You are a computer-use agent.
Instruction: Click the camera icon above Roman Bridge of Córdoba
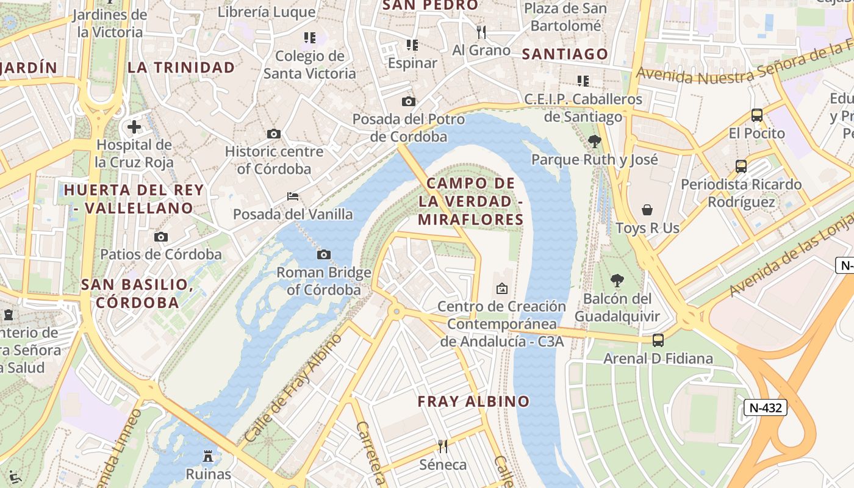point(324,254)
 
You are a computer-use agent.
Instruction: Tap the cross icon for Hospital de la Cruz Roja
point(134,127)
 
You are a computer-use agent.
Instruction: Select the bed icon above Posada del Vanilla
point(293,196)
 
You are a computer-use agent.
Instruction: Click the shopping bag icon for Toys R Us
point(647,210)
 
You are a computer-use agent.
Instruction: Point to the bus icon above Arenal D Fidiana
point(658,340)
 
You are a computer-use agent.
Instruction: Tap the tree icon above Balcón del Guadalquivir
point(617,281)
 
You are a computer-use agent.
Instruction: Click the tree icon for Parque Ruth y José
point(594,142)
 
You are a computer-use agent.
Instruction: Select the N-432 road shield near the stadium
point(765,407)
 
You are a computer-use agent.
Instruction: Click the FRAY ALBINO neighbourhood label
point(473,401)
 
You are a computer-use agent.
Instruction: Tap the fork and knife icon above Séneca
point(443,447)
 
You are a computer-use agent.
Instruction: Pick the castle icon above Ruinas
point(208,456)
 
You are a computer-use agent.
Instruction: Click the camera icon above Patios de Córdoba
point(161,237)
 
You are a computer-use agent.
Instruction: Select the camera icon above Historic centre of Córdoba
point(274,134)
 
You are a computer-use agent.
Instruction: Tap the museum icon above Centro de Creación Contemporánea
point(501,289)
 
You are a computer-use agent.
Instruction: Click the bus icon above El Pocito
point(756,115)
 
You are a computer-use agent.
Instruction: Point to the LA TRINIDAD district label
point(181,68)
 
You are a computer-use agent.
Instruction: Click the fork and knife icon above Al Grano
point(481,32)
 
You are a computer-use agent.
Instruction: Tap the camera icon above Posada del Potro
point(409,101)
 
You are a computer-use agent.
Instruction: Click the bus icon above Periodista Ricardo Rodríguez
point(741,166)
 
